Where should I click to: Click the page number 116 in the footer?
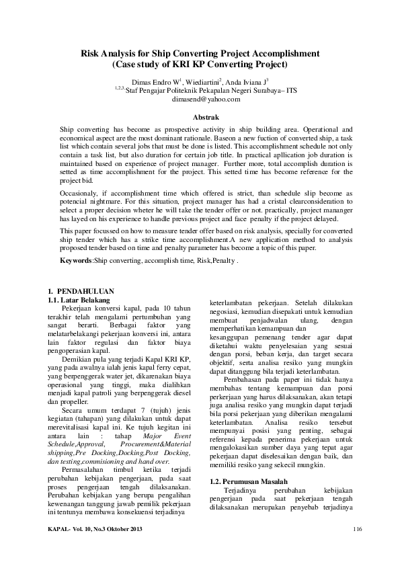[x=357, y=531]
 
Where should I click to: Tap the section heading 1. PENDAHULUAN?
[x=72, y=290]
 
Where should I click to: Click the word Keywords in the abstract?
[x=75, y=259]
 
